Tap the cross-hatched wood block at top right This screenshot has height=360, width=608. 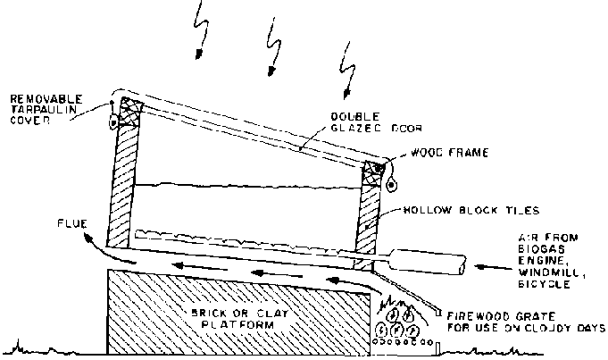coord(374,172)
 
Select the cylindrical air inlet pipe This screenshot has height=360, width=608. coord(429,264)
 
